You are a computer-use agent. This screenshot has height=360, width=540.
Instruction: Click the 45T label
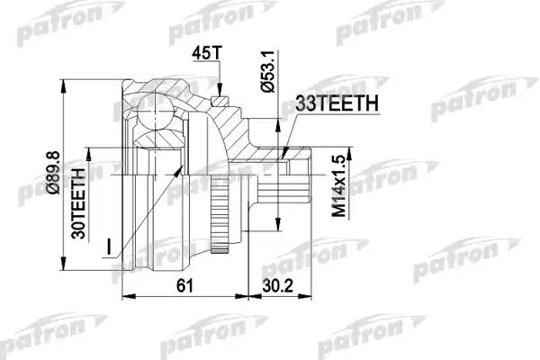coord(207,52)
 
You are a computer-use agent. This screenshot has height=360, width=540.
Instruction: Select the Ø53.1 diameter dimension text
coord(267,71)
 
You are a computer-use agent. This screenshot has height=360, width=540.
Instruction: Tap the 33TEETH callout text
coord(337,103)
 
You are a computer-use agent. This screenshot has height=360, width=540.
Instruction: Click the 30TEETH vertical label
coord(78,203)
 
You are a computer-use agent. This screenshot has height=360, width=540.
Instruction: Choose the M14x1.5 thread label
coord(338,186)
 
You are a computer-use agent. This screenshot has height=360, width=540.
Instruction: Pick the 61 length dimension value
coord(185,285)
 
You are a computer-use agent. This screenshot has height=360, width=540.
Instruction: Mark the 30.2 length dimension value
coord(277,285)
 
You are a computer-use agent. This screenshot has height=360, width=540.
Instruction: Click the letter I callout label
coord(109,247)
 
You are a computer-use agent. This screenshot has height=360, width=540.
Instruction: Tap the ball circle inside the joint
coord(155,112)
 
